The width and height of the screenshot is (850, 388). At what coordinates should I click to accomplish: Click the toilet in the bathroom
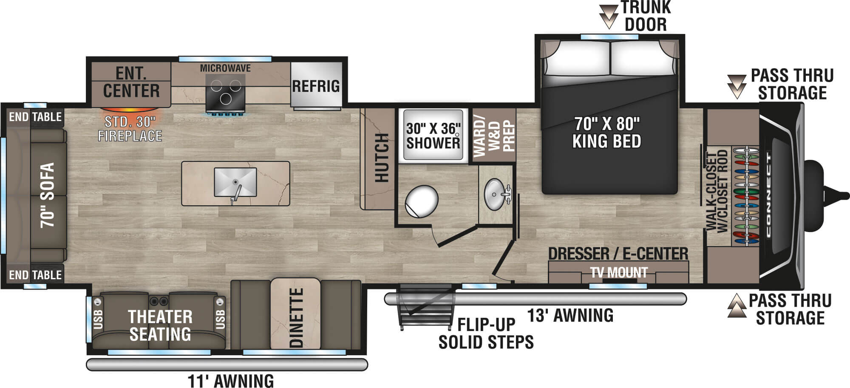tap(421, 201)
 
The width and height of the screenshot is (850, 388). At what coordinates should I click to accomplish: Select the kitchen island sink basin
tap(235, 182)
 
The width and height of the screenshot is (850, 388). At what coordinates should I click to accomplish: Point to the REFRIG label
tap(316, 86)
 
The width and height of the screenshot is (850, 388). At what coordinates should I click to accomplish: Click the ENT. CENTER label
tap(131, 82)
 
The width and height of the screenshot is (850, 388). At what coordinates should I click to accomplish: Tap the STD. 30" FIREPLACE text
tap(130, 129)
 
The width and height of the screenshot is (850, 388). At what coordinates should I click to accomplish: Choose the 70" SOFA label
tap(48, 195)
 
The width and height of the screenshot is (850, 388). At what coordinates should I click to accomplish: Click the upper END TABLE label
tap(35, 117)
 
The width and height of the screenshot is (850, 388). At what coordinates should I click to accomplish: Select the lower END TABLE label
tap(35, 275)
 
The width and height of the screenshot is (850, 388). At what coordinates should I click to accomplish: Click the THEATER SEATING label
tap(160, 326)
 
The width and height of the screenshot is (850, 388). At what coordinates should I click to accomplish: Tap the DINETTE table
tap(295, 314)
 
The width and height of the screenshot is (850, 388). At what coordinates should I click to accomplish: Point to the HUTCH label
tap(382, 157)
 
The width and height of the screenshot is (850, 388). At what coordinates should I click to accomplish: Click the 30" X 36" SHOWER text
tap(433, 136)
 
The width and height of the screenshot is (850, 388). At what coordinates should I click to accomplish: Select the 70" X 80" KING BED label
tap(607, 132)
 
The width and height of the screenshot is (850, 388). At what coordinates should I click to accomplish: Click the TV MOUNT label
tap(619, 272)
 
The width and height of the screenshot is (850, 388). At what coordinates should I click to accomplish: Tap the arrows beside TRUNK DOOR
tap(609, 17)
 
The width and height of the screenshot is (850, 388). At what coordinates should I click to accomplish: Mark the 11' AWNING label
tap(231, 381)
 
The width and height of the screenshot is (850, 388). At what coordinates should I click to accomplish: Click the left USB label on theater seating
tap(98, 319)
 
